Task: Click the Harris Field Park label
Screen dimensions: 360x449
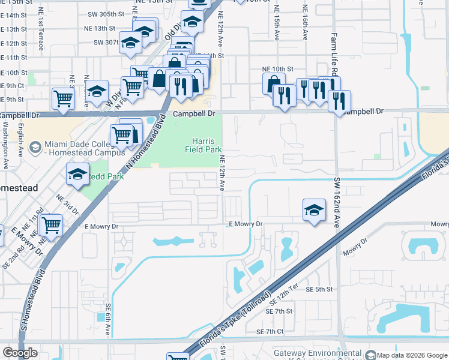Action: pos(208,145)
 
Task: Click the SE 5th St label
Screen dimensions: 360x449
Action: pos(319,289)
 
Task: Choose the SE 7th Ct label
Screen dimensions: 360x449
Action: pos(270,332)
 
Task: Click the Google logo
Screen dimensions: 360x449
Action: pos(20,353)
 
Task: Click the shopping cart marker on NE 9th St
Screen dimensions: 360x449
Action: pos(63,98)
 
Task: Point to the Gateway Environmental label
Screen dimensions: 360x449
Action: pos(318,353)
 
